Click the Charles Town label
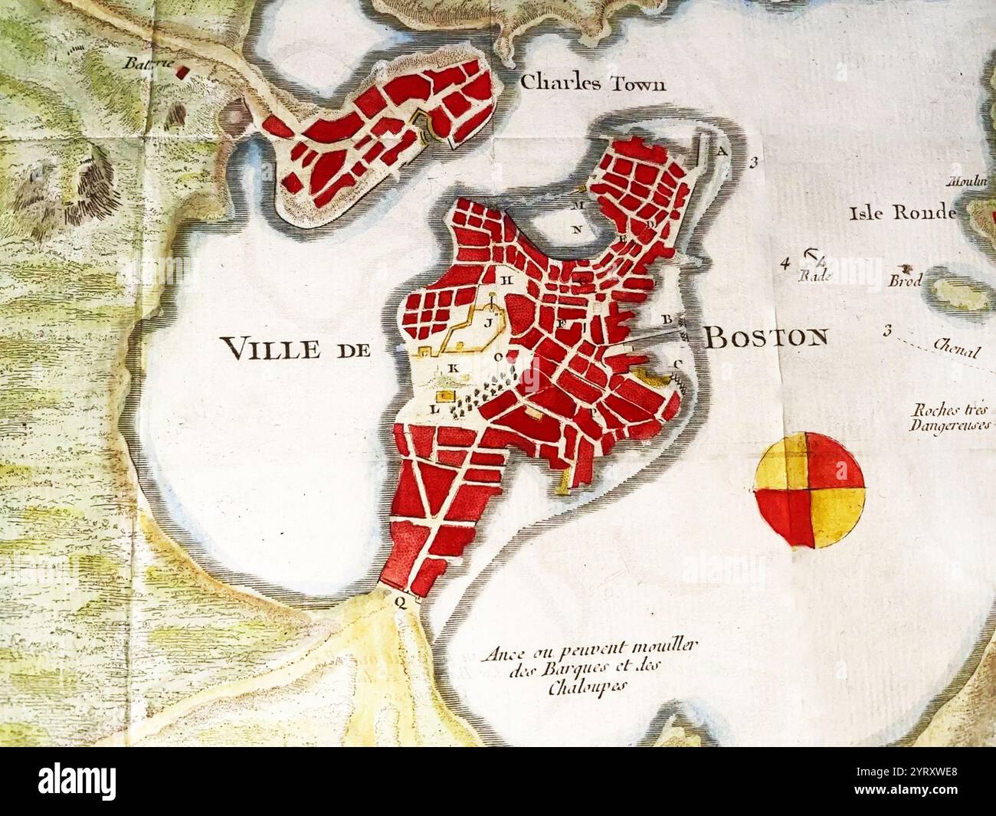point(592,84)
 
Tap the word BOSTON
point(765,337)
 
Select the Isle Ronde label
point(903,212)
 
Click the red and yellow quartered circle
point(810,490)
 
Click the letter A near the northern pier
point(721,151)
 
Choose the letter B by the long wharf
point(667,318)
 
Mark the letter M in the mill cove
point(579,206)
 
